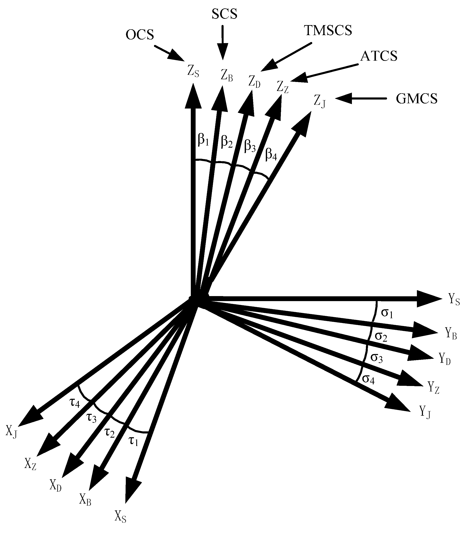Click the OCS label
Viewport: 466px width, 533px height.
[x=140, y=35]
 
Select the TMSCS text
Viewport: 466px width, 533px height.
[x=328, y=31]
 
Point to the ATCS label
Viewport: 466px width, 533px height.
[x=379, y=56]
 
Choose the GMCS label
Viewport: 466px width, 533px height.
[x=417, y=99]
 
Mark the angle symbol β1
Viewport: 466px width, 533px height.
[x=203, y=140]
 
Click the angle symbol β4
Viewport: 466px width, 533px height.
[x=271, y=155]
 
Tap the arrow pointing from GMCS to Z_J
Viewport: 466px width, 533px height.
[x=362, y=99]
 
